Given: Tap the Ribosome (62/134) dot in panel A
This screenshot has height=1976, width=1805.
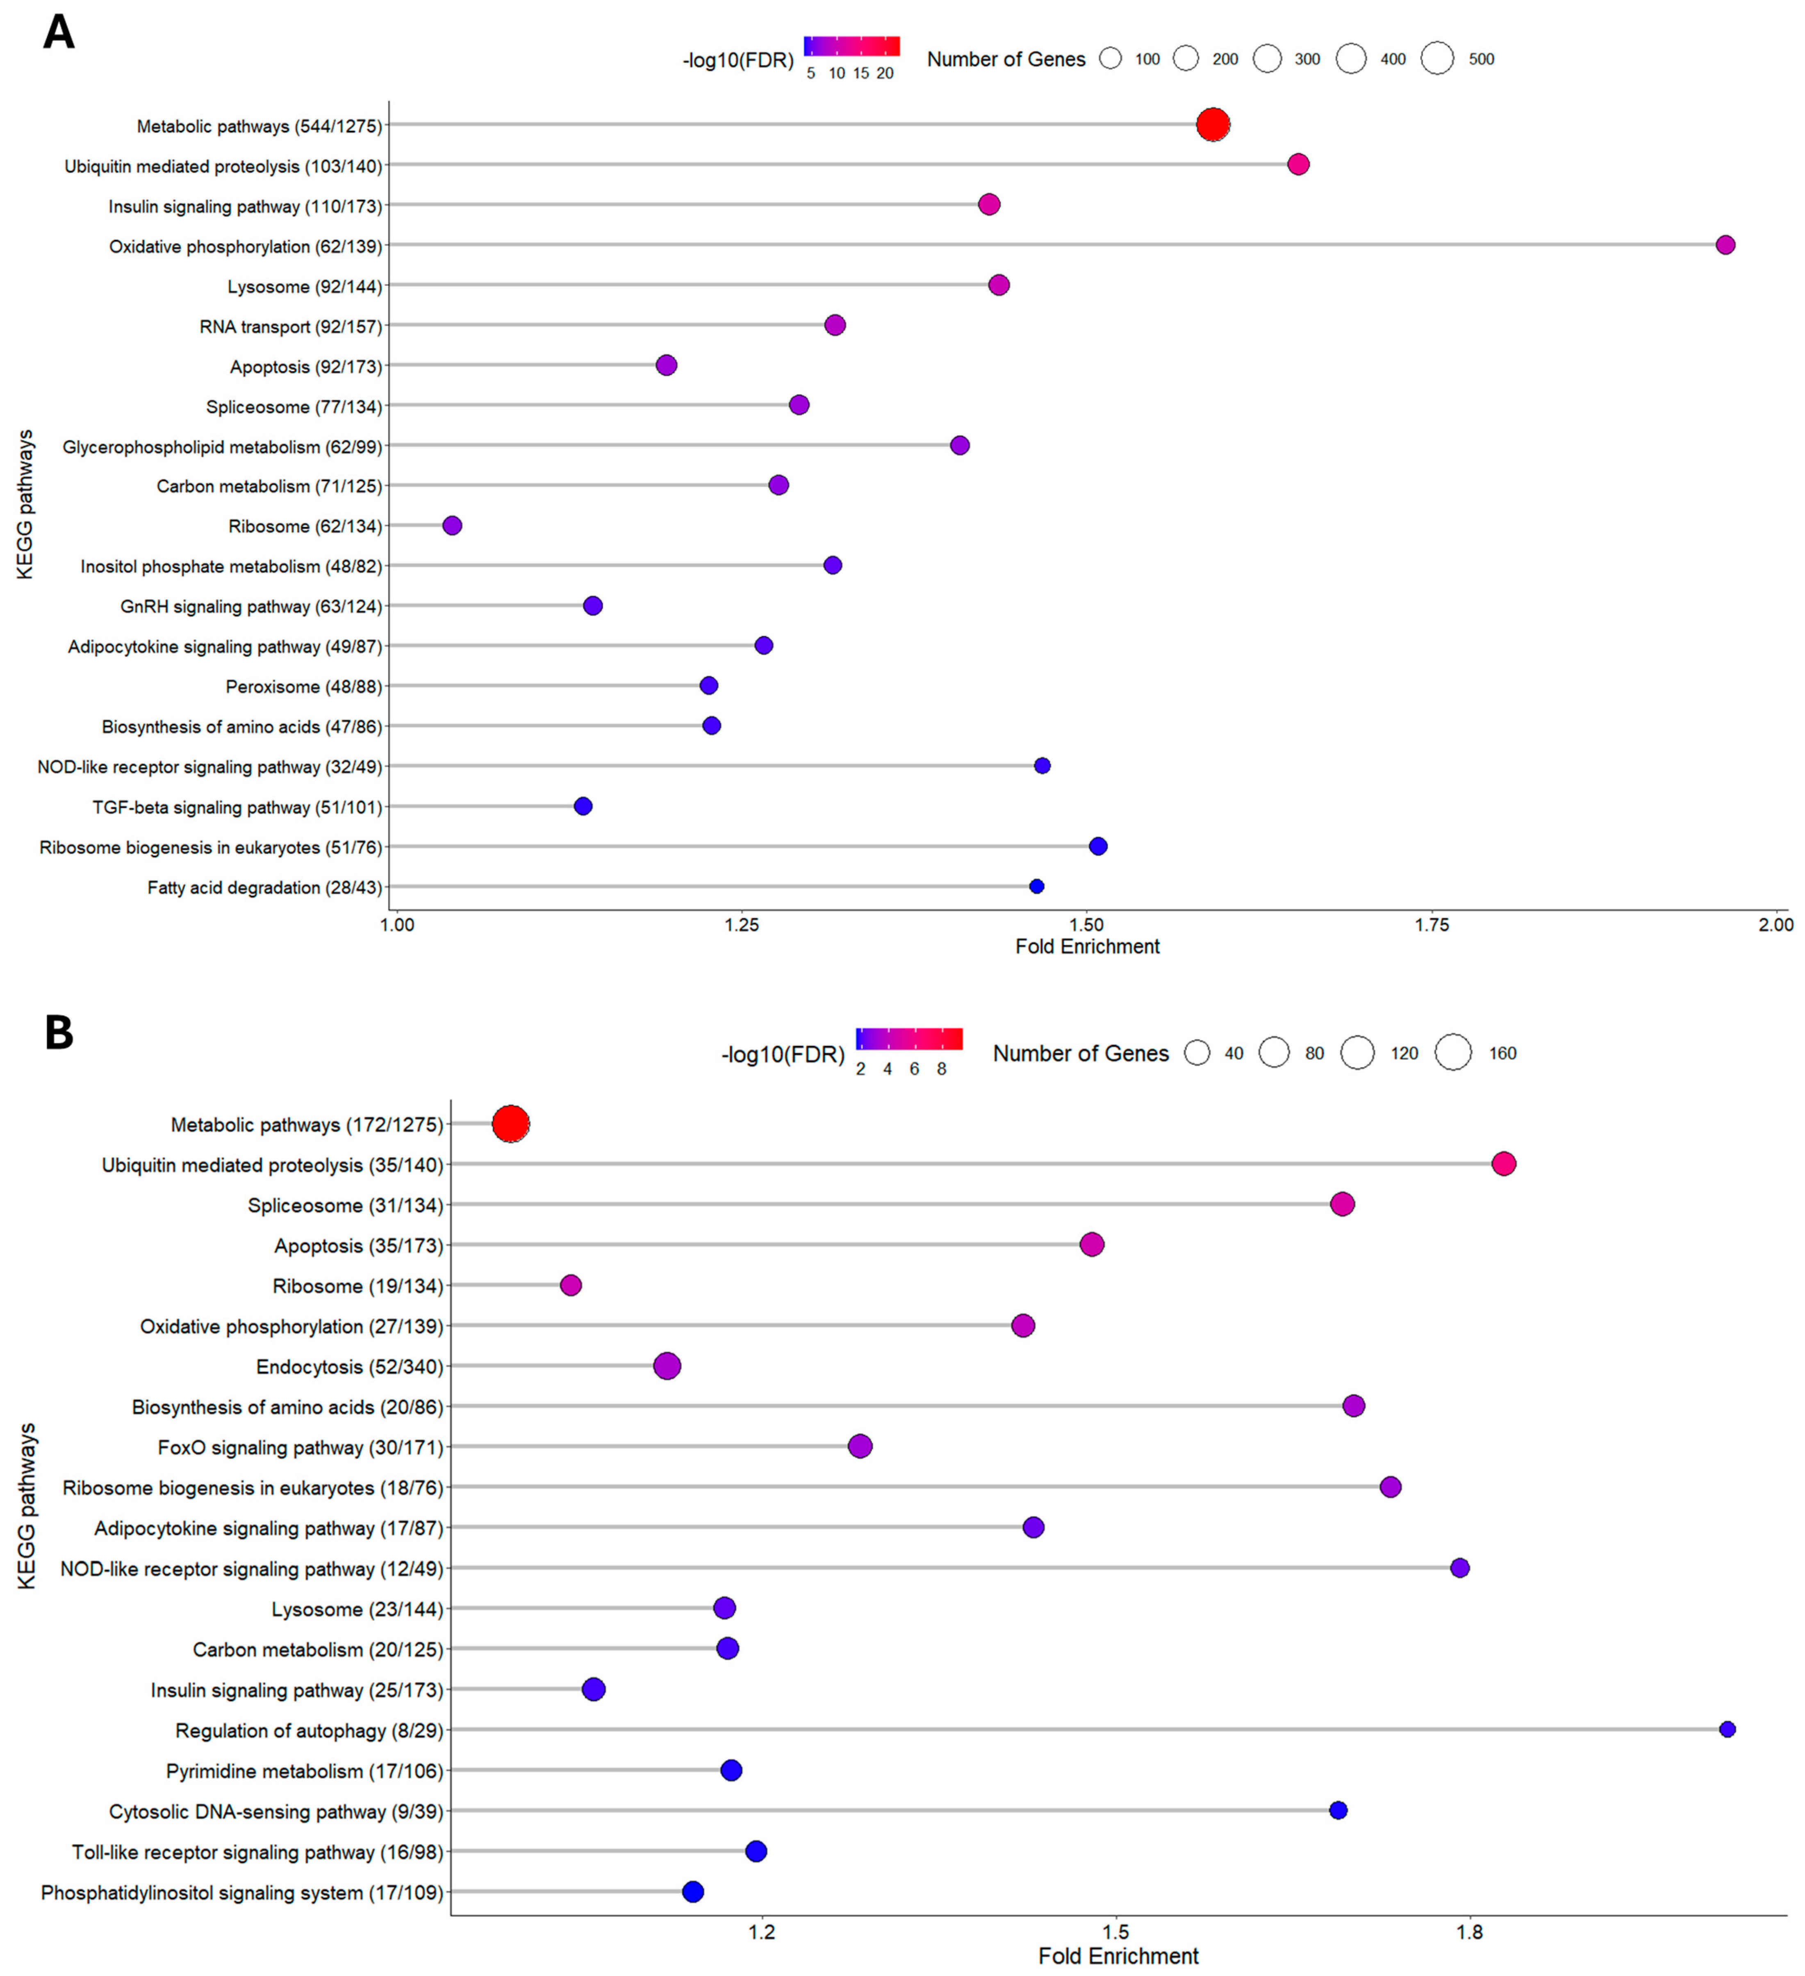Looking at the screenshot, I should tap(452, 525).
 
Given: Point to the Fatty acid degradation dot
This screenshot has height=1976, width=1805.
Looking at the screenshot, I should tap(1036, 886).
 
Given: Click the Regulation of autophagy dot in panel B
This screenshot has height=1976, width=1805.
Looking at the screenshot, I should tap(1727, 1729).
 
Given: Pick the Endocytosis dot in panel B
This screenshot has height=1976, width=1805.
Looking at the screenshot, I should tap(666, 1365).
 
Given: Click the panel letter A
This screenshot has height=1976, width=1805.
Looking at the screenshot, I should tap(59, 32).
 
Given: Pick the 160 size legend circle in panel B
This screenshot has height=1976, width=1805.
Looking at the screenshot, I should tap(1453, 1053).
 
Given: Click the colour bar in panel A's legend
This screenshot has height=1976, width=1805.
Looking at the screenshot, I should tap(851, 46).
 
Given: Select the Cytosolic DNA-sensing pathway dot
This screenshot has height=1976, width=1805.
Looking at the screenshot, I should tap(1338, 1809).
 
